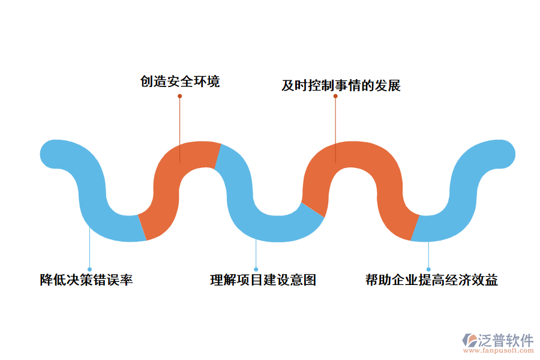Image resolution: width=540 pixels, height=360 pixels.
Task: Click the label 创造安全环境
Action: click(x=180, y=81)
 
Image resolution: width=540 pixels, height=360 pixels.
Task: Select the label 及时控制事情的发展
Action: click(x=341, y=86)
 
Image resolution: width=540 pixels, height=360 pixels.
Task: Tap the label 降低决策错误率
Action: click(x=86, y=280)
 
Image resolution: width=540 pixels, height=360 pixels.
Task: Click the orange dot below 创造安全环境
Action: click(x=179, y=95)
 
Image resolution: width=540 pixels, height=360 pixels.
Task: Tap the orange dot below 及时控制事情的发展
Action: click(x=335, y=96)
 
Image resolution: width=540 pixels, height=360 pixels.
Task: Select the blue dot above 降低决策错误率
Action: click(x=89, y=269)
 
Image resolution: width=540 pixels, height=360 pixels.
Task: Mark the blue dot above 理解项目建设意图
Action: click(x=256, y=269)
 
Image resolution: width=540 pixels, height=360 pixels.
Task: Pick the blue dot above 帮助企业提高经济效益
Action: click(x=428, y=269)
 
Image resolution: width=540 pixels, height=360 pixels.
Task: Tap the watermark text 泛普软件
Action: click(x=506, y=341)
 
